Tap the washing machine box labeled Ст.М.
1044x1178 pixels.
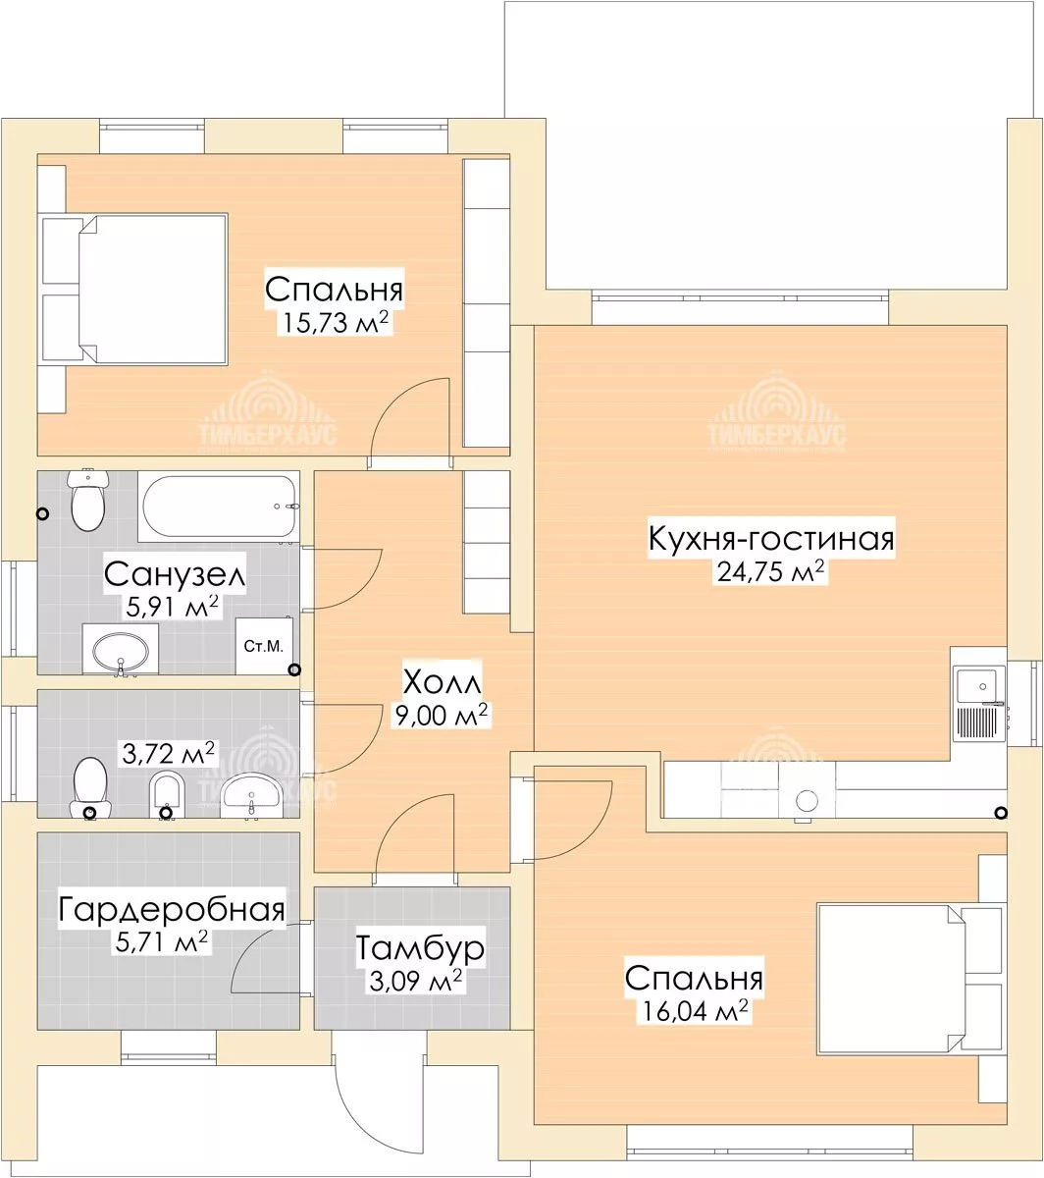coord(264,646)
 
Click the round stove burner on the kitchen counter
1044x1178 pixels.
coord(807,801)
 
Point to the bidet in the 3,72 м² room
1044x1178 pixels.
coord(167,794)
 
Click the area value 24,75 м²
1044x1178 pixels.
coord(770,571)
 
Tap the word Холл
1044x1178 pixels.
coord(443,682)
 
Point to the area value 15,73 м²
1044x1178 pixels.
coord(336,322)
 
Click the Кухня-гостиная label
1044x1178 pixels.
coord(771,539)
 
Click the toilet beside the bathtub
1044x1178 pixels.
coord(88,500)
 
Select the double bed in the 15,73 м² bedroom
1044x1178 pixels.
coord(132,289)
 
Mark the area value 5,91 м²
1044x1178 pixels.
coord(172,607)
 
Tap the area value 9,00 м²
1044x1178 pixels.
coord(442,715)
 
